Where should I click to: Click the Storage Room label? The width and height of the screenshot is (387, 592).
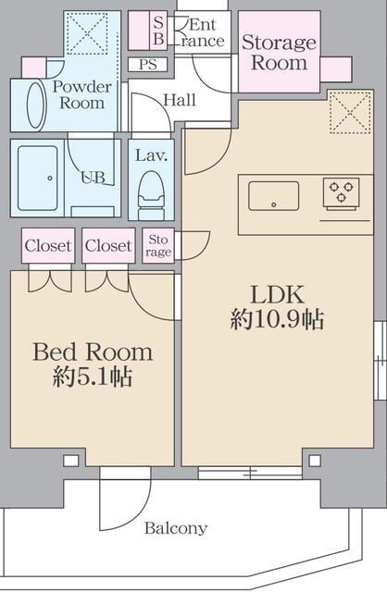coord(279,53)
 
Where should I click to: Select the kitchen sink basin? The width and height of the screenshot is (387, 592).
coord(273,196)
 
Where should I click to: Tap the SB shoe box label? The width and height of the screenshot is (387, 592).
coord(157,32)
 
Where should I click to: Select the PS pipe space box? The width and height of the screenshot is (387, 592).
coord(148,65)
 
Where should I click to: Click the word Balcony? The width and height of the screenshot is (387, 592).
coord(175,529)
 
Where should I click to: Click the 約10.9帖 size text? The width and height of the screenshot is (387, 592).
coord(277,321)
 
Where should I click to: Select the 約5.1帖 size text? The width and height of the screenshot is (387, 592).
coord(93,377)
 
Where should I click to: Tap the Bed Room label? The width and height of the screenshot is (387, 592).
coord(93,352)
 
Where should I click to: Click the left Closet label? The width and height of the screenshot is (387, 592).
coord(47,246)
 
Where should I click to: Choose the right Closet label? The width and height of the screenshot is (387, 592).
coord(107,246)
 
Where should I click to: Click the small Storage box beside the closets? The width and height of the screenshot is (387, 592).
coord(158,245)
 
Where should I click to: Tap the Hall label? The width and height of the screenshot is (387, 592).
coord(179,100)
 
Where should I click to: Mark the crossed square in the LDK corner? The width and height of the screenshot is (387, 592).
coord(349,112)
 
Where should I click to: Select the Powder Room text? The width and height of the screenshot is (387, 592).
coord(81,95)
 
